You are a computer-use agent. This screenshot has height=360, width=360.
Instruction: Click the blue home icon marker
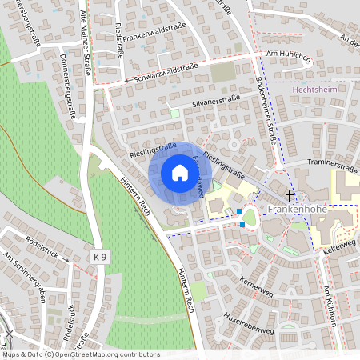click(x=180, y=173)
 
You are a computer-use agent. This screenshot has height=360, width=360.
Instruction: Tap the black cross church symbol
click(x=290, y=194)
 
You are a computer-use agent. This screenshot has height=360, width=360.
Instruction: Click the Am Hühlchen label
click(x=289, y=54)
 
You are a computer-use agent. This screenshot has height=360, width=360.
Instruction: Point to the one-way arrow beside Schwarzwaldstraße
click(x=126, y=81)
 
